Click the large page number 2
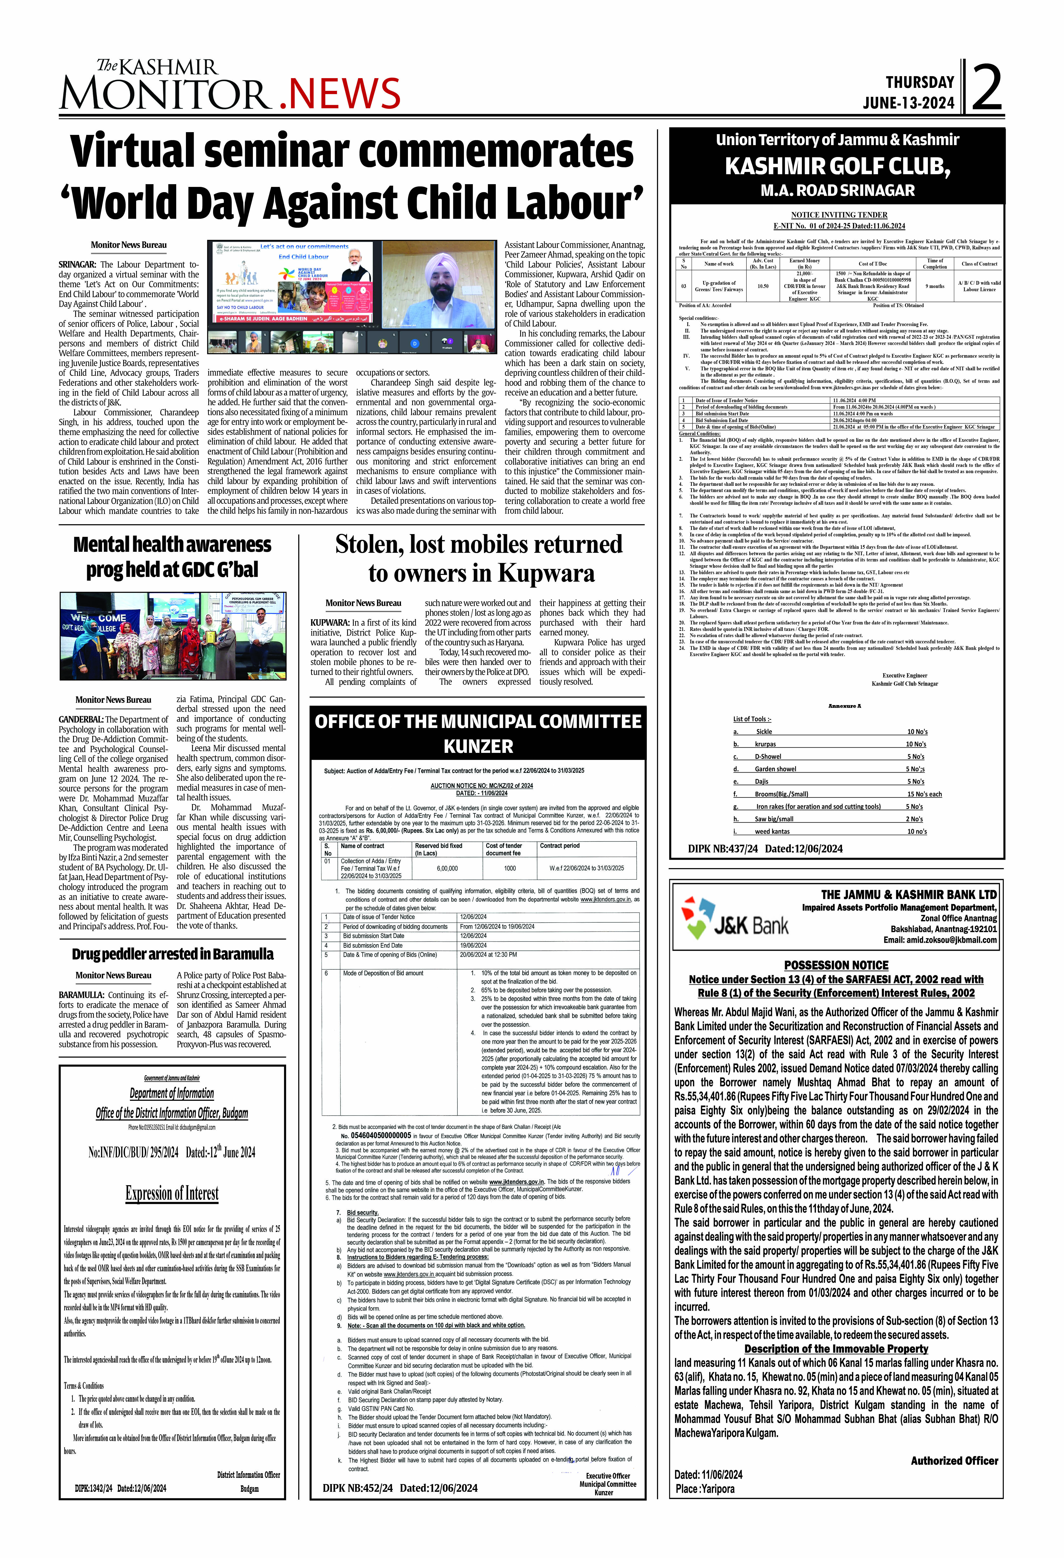(x=986, y=87)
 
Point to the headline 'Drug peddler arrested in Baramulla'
(x=172, y=954)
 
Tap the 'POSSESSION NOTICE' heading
(x=836, y=965)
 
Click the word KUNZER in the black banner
(x=478, y=746)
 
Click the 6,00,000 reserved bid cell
(x=447, y=868)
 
